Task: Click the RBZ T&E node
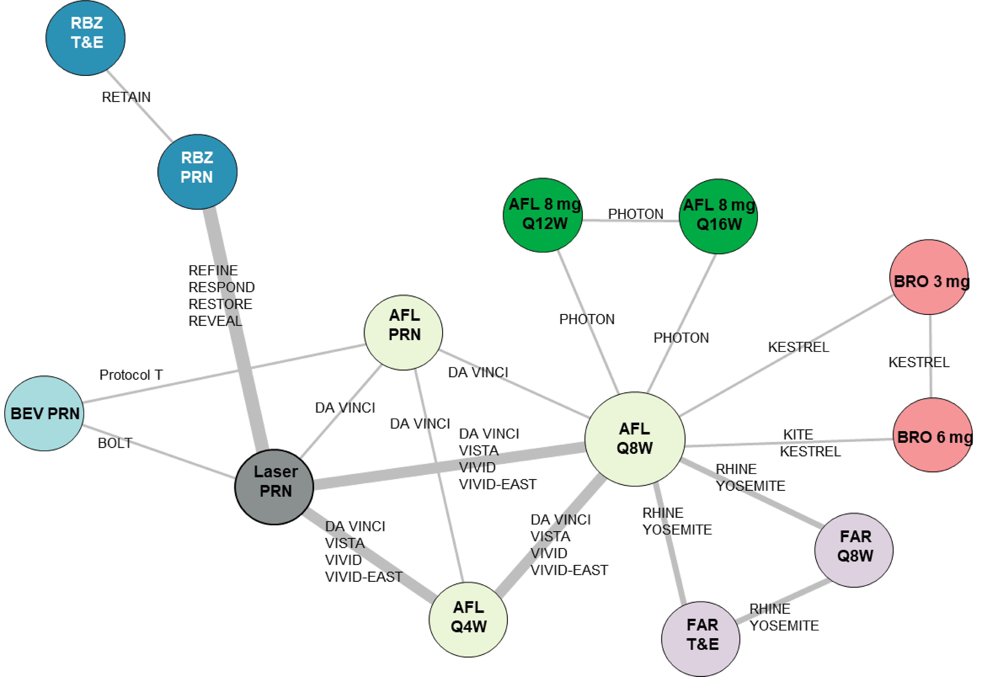tap(85, 37)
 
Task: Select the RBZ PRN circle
tap(197, 172)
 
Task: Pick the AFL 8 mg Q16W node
tap(718, 216)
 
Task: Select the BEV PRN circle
tap(44, 413)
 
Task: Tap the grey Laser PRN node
tap(275, 487)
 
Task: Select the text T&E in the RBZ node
tap(87, 42)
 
